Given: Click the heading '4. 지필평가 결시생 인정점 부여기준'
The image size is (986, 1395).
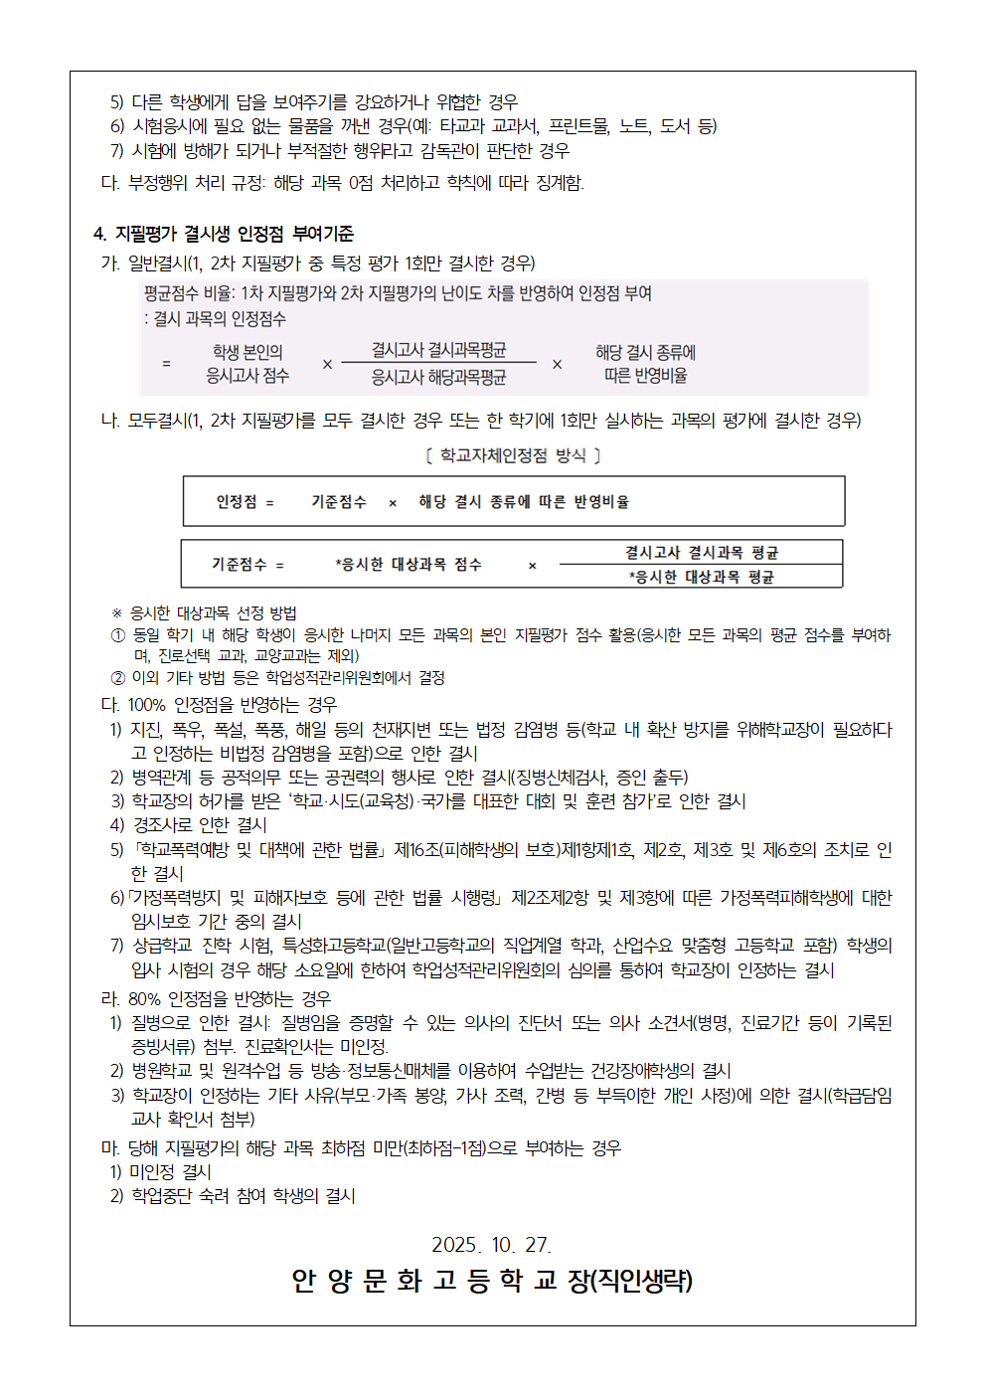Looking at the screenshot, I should (x=224, y=234).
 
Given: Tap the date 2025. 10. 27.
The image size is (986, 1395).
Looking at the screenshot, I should (x=491, y=1245).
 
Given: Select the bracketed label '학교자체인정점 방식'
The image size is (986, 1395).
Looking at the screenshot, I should (x=513, y=455).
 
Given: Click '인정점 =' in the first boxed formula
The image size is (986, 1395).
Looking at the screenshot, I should (x=245, y=502).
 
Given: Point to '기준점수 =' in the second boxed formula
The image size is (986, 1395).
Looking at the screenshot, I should (x=247, y=565).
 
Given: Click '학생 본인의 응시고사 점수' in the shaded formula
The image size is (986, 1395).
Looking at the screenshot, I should (x=247, y=364).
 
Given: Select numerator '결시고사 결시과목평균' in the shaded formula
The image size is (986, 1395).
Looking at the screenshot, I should (x=438, y=350).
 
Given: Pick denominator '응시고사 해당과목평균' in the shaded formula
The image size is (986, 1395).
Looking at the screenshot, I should (x=438, y=377).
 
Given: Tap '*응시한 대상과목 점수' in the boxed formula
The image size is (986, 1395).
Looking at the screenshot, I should (x=409, y=565).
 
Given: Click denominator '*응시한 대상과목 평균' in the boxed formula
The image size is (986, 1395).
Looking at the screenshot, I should (x=701, y=577).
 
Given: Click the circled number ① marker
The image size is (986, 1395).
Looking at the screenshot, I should (x=118, y=635).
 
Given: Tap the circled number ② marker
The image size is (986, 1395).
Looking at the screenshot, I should (x=118, y=678).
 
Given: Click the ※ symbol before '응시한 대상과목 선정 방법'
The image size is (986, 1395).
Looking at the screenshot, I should (x=117, y=613).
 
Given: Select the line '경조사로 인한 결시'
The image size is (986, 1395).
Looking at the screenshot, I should (x=200, y=825).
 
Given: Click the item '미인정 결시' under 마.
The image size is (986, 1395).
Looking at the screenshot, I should (x=170, y=1172).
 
